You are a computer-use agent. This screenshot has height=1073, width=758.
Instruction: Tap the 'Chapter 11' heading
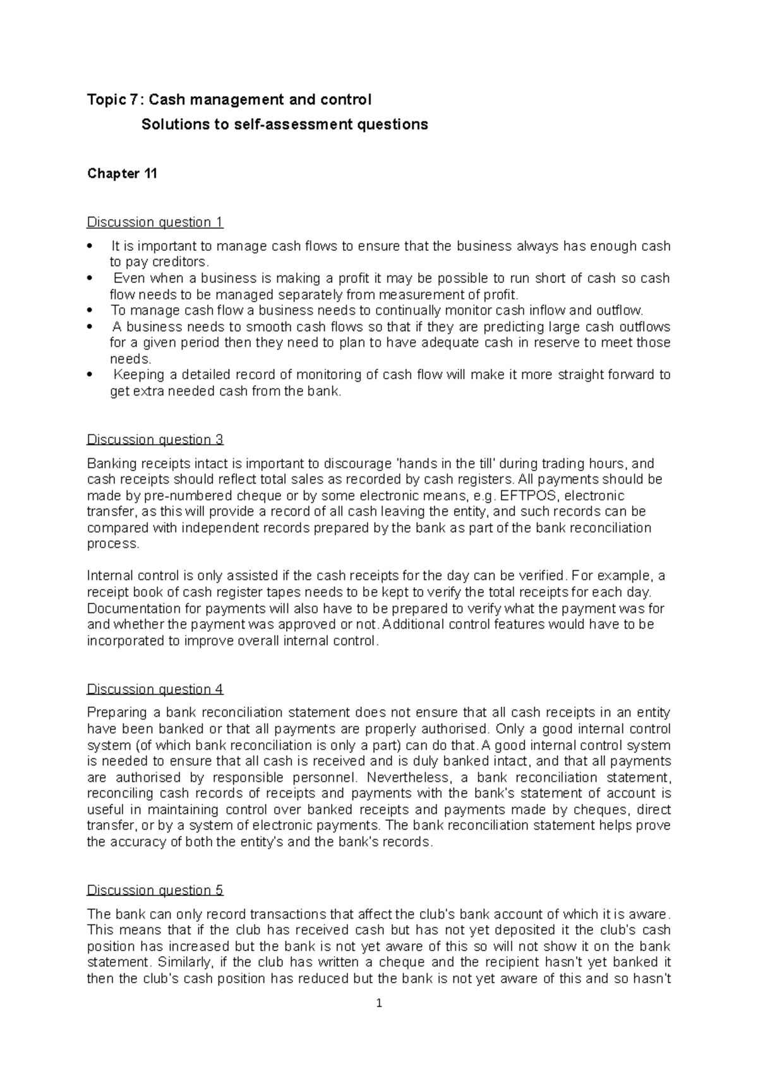[122, 174]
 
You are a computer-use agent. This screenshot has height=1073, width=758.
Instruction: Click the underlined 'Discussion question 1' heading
[155, 222]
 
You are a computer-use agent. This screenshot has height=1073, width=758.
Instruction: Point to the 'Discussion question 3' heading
[155, 440]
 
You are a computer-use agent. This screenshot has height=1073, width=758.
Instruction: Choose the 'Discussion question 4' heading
[155, 689]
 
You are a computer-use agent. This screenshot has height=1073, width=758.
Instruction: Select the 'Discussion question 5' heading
[155, 891]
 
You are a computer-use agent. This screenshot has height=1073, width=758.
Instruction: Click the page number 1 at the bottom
[379, 1003]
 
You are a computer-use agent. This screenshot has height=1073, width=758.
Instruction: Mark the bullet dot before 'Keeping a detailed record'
[90, 375]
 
